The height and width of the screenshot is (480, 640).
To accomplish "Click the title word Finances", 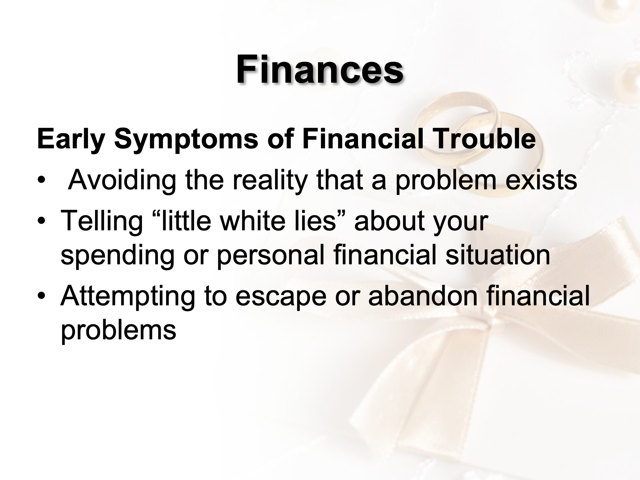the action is [x=320, y=69].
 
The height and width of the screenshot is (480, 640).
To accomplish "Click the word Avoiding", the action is [x=122, y=180].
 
